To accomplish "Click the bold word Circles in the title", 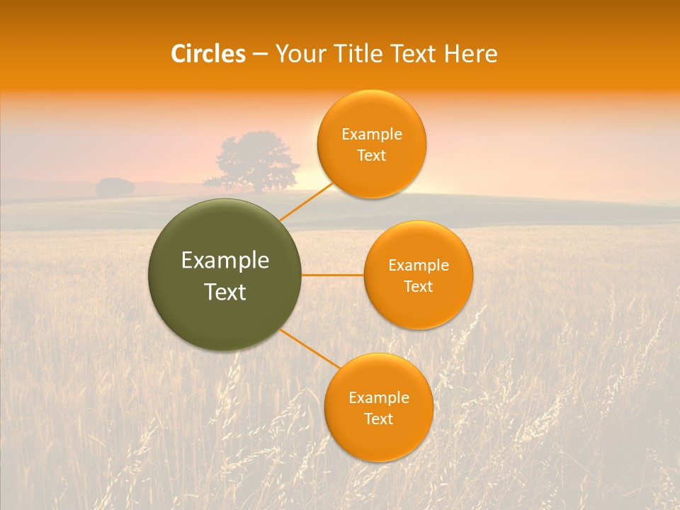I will (x=208, y=54).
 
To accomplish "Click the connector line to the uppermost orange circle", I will (x=306, y=202).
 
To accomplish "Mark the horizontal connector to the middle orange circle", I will (x=333, y=275).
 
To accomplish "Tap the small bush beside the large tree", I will (x=115, y=188).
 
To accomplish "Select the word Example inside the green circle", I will (x=225, y=261).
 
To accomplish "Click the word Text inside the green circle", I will (x=225, y=292).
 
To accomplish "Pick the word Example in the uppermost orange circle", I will (x=372, y=135).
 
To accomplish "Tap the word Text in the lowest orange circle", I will (x=379, y=419).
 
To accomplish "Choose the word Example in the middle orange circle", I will (x=419, y=266).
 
